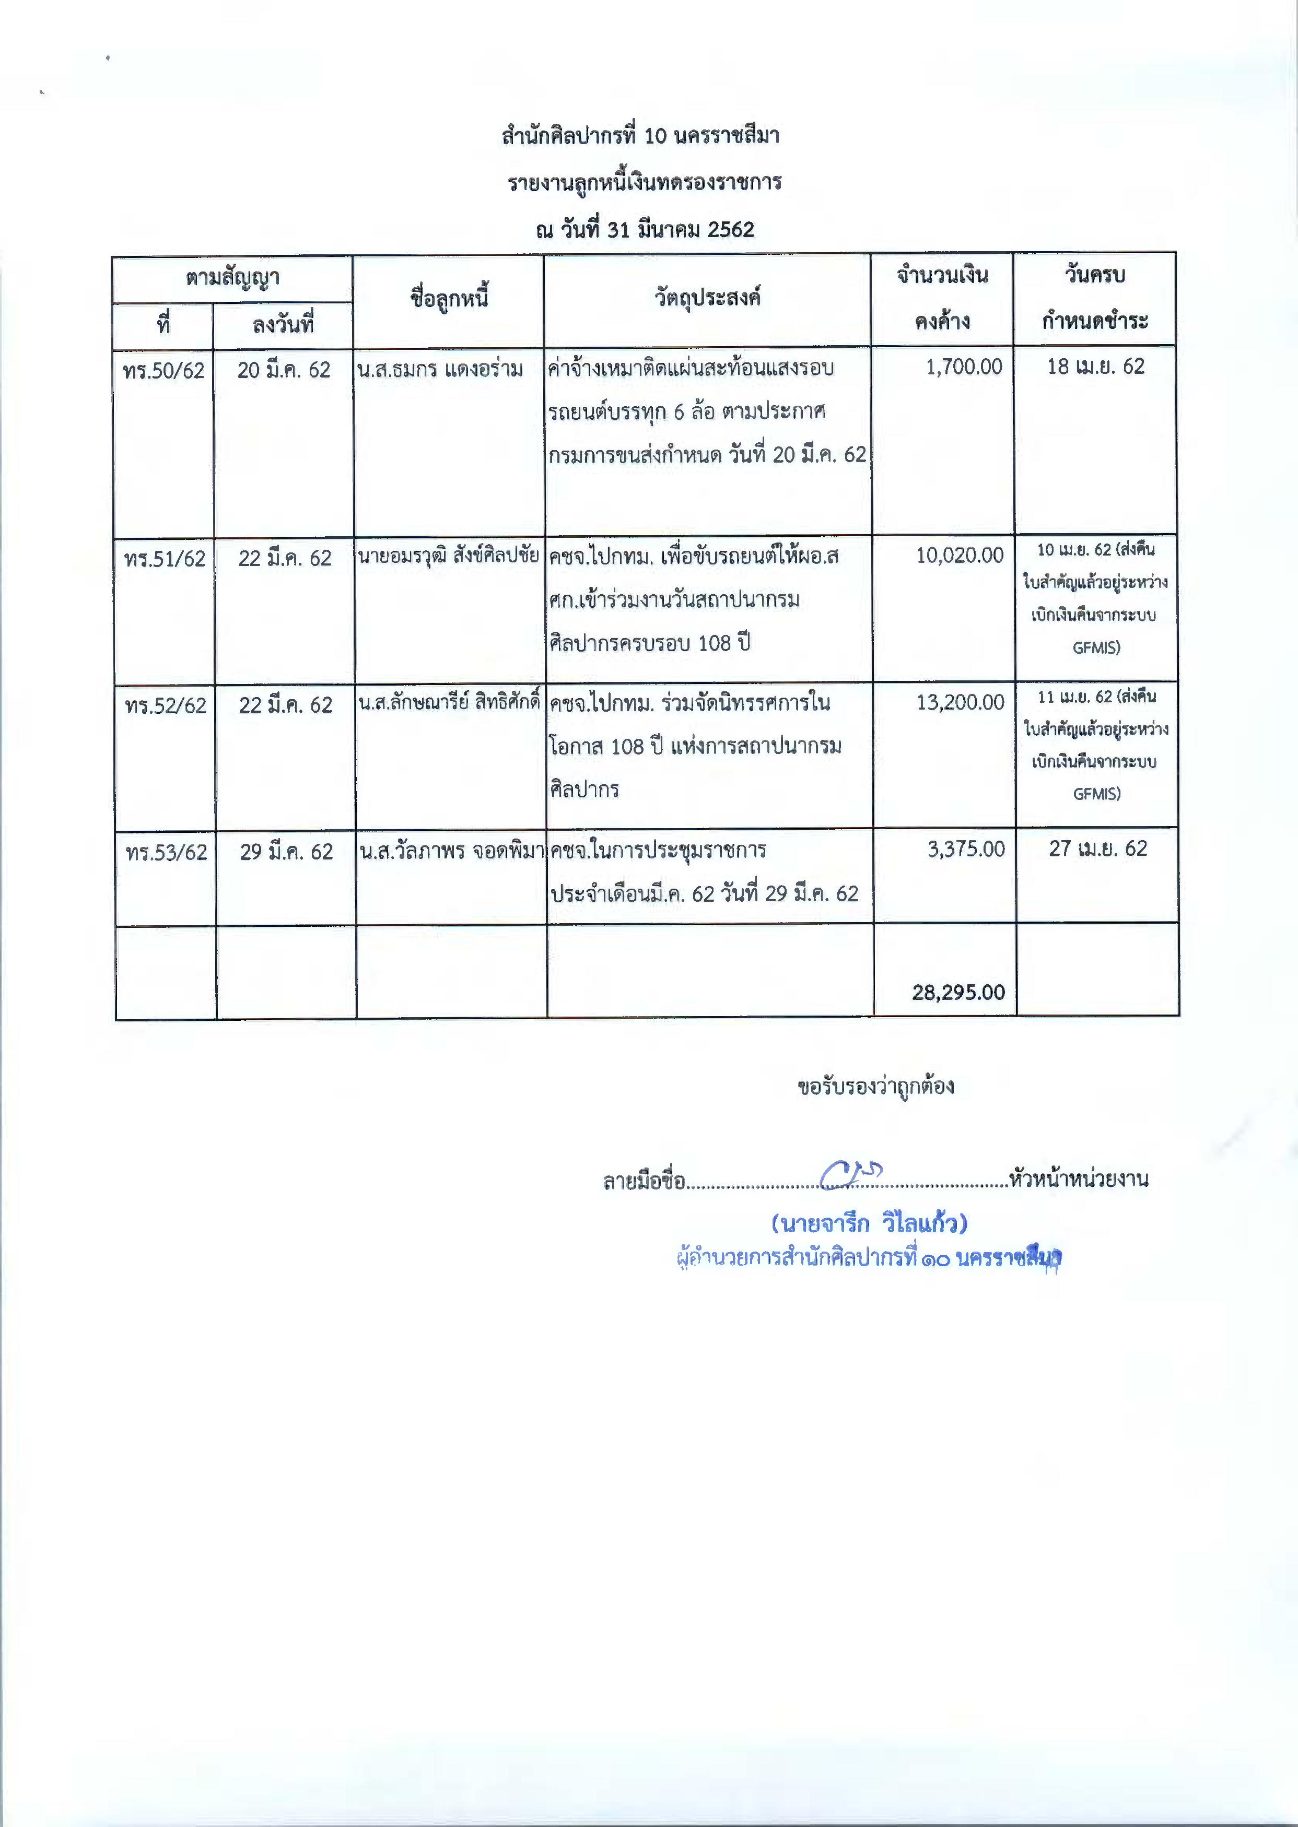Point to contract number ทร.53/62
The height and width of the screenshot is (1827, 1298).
166,852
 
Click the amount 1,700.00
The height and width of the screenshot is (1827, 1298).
963,367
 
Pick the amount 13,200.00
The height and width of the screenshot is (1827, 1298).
960,702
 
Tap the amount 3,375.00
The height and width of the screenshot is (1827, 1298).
965,849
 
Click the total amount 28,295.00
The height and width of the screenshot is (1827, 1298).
958,992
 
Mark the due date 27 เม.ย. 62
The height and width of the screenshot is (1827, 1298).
1098,848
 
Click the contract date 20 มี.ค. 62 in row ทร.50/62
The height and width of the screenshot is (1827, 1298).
284,370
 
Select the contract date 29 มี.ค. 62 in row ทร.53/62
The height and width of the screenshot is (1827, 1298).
286,852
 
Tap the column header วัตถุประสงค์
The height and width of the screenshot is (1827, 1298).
707,298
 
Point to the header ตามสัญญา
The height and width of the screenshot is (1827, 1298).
232,278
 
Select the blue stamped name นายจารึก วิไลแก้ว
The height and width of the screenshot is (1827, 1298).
869,1223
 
